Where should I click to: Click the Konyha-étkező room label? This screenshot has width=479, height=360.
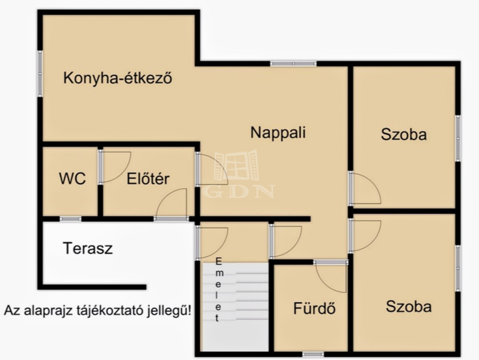tap(117, 78)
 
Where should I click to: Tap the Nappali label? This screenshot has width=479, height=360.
tap(278, 132)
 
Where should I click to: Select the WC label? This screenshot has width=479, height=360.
tap(73, 179)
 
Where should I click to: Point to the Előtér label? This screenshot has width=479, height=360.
tap(148, 179)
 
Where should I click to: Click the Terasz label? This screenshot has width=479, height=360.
tap(87, 248)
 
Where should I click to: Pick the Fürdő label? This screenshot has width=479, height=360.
tap(314, 308)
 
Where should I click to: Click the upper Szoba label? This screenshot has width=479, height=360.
tap(404, 134)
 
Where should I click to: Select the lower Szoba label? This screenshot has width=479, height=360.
tap(409, 306)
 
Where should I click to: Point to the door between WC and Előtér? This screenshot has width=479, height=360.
tap(115, 166)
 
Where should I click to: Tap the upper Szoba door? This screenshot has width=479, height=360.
tap(364, 188)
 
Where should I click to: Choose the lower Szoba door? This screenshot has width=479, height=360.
tap(365, 236)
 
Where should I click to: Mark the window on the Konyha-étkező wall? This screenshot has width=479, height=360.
tap(40, 73)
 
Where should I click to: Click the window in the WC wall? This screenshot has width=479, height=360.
tap(71, 219)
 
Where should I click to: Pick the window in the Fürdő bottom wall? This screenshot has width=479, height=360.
tap(313, 354)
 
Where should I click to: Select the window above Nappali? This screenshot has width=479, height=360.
tap(293, 64)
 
